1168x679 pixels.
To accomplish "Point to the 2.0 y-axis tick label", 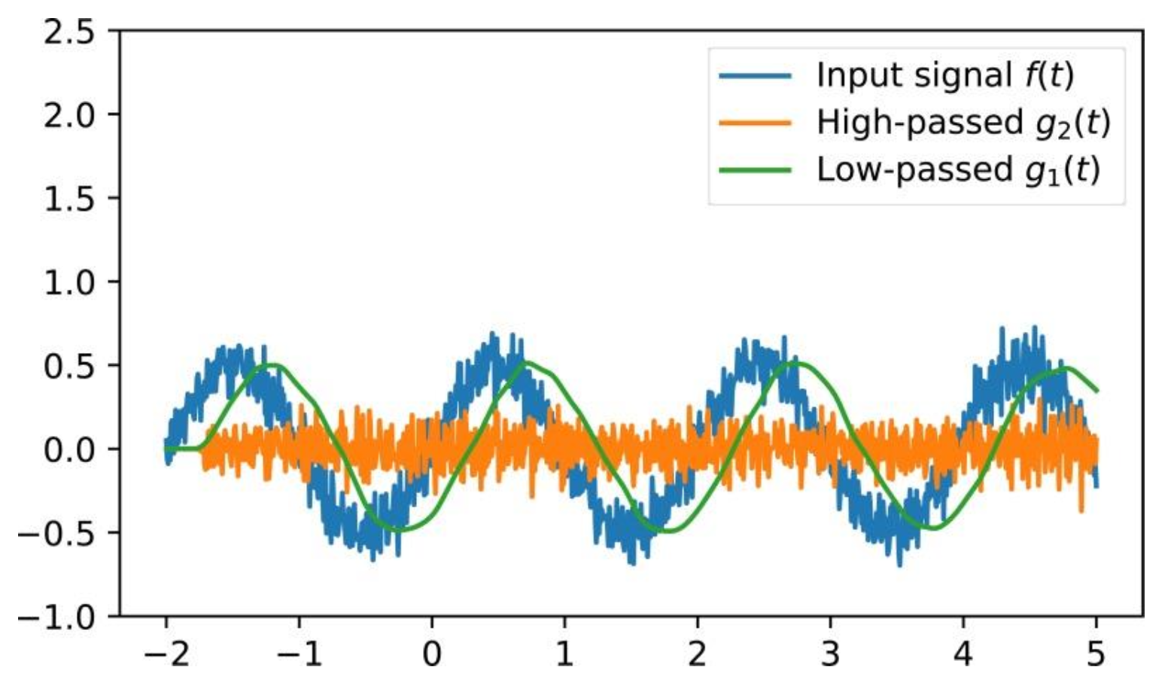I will (68, 115).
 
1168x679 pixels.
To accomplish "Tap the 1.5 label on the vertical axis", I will (68, 199).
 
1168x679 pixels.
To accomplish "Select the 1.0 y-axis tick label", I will (68, 282).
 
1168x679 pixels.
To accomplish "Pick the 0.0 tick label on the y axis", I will (68, 450).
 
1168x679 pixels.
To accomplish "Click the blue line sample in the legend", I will (755, 75).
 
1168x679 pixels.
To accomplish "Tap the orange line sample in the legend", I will (755, 123).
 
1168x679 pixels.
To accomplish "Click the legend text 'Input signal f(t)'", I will (945, 75).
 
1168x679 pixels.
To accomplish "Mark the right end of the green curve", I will (1097, 391).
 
